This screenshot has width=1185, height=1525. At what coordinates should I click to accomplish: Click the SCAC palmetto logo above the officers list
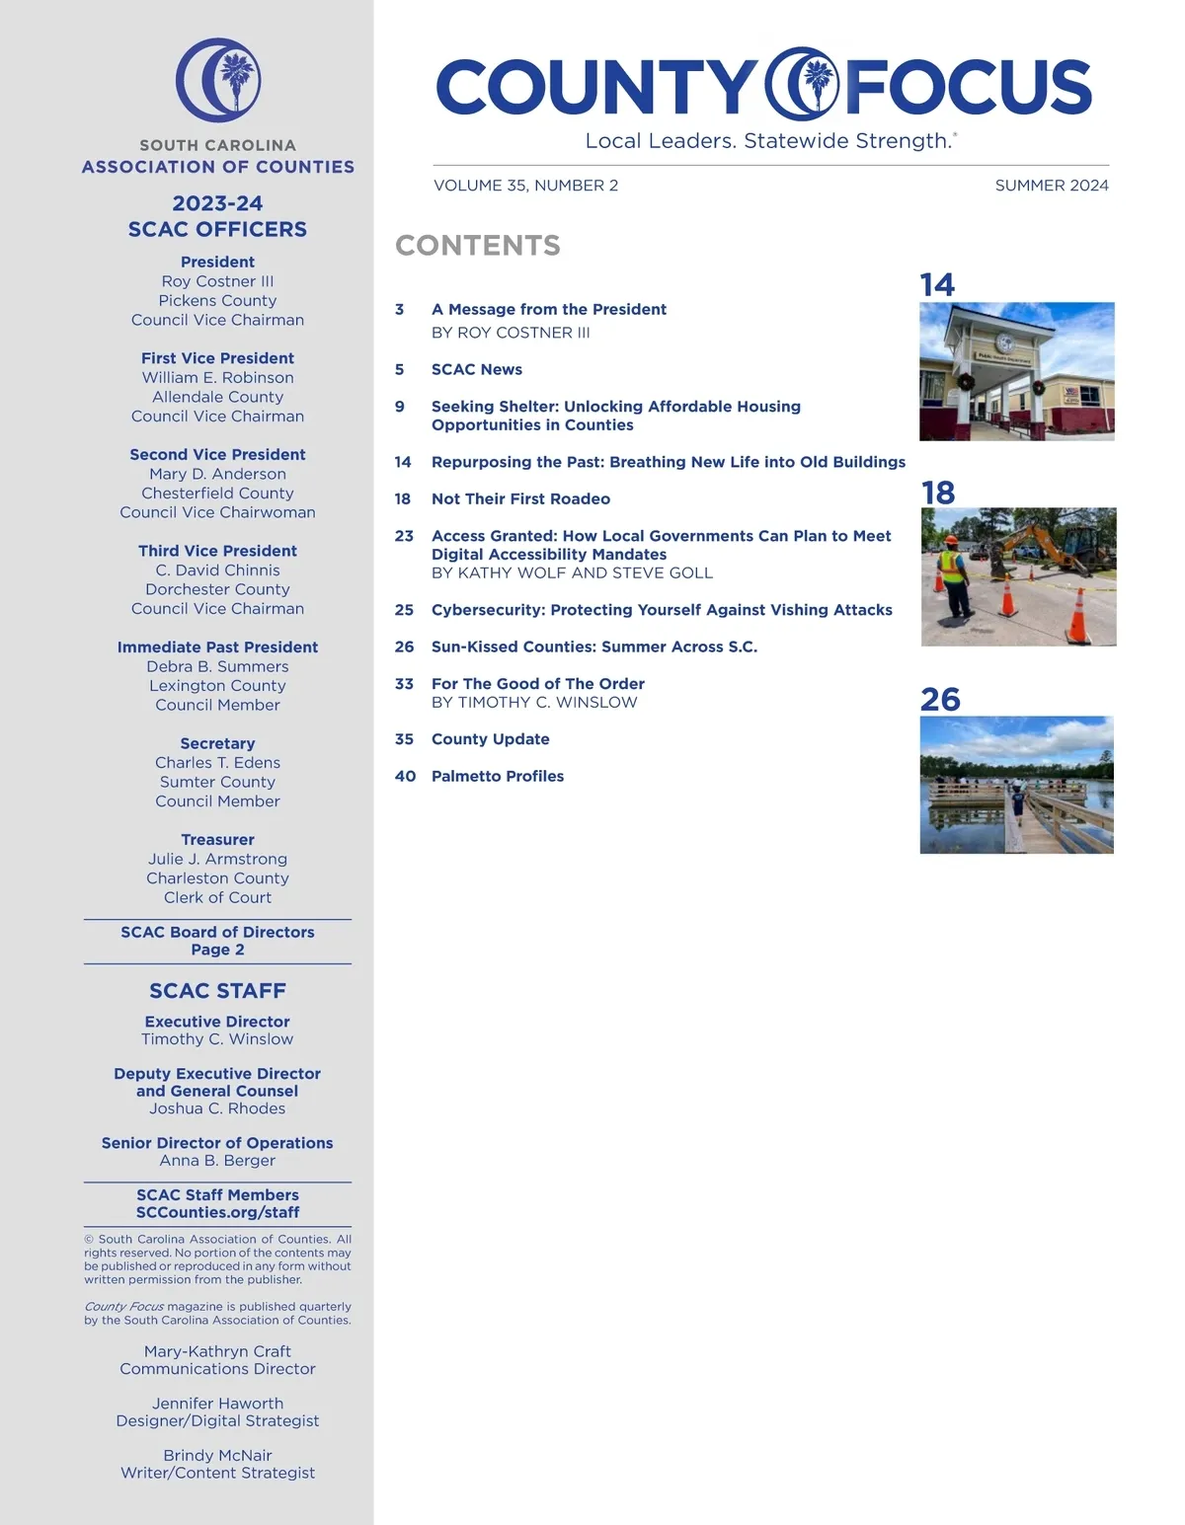218,80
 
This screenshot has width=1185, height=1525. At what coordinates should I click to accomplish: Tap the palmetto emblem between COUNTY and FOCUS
803,85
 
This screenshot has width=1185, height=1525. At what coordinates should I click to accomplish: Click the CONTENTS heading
478,246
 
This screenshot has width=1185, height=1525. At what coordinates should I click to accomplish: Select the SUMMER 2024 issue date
1051,186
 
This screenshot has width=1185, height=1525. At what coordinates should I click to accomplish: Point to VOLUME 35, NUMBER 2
525,186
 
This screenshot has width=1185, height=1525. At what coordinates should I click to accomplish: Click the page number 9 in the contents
400,407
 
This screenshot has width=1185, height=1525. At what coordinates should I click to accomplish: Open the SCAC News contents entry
477,369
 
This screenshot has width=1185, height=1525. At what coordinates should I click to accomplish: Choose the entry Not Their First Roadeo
520,499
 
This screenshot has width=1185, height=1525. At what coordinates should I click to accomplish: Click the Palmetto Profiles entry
498,776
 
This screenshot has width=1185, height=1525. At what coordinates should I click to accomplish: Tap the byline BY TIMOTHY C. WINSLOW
534,703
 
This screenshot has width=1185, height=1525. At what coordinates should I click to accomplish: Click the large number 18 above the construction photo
938,493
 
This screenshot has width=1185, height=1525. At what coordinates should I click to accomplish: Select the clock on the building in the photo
1005,343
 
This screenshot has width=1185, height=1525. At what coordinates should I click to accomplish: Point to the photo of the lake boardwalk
1016,785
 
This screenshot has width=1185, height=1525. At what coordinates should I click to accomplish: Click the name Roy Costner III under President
218,281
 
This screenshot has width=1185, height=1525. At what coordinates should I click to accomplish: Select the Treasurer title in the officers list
218,840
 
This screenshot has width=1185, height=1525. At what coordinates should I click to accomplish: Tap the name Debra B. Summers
218,666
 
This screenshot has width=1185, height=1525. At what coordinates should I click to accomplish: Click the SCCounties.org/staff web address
218,1212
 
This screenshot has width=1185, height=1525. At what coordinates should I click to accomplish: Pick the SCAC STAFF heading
218,991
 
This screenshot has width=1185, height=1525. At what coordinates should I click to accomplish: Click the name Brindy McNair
218,1455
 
